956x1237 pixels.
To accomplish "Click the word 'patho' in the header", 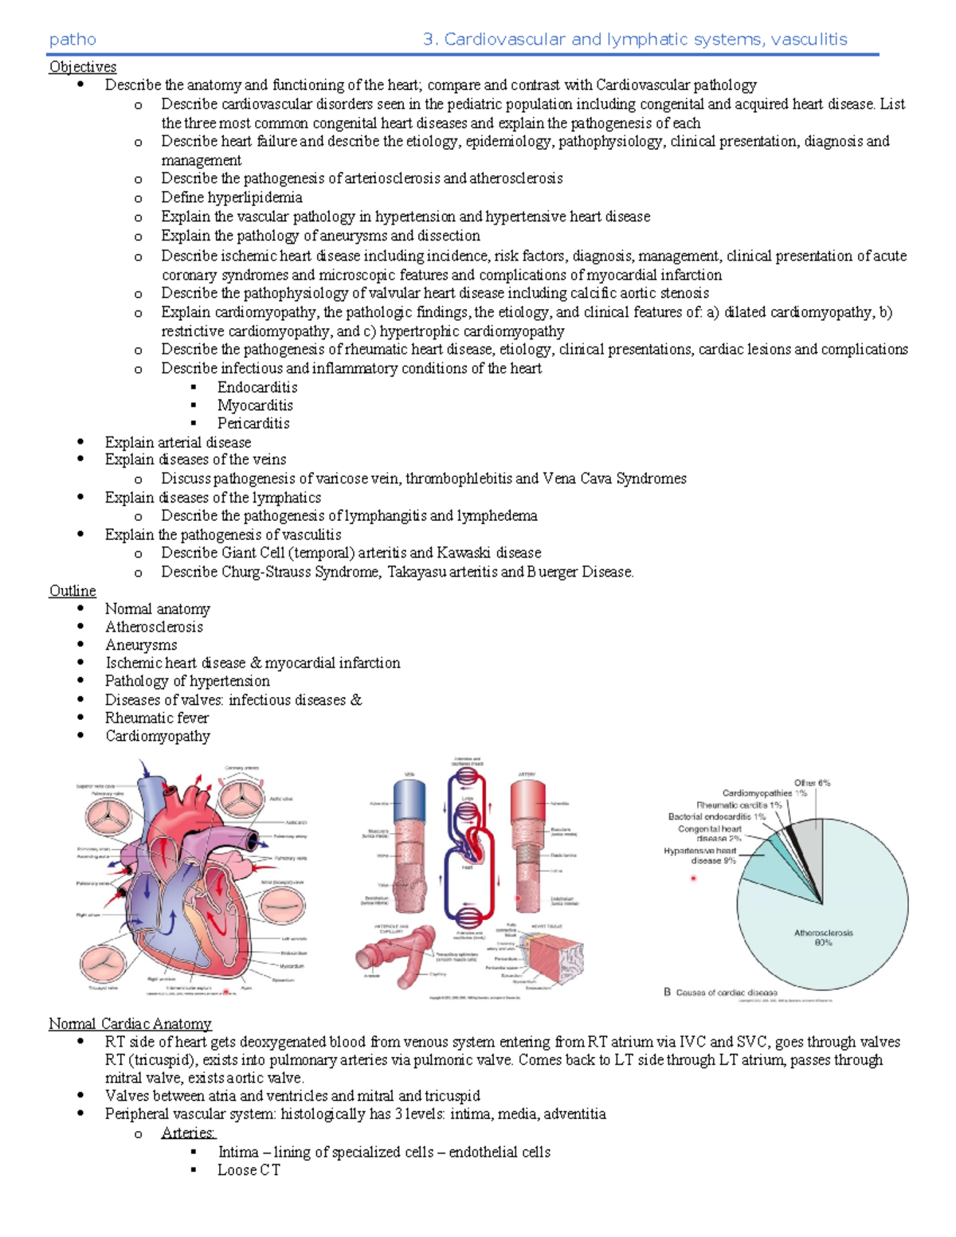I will pos(72,40).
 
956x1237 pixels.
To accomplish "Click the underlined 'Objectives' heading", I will pos(83,67).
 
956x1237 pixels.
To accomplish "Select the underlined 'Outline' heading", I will pos(72,591).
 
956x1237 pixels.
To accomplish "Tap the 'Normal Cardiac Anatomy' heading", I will pos(130,1024).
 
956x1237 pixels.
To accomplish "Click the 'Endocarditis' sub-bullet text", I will pos(257,388).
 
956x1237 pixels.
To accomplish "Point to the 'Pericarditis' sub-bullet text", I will pos(253,424).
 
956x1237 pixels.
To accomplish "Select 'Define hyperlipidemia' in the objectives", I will pos(231,198).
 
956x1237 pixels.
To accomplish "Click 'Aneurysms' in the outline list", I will pos(141,645).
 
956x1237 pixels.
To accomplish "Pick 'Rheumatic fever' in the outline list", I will pos(157,718).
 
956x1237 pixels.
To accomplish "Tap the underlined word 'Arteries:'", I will pos(189,1133).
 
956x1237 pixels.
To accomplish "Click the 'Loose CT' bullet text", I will pos(249,1170).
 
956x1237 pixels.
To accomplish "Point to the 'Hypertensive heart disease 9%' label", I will pos(700,855).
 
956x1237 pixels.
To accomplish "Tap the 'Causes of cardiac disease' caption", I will pos(726,992).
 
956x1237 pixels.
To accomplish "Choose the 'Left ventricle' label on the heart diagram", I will pos(293,939).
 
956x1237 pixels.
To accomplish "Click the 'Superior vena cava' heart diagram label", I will pos(96,786).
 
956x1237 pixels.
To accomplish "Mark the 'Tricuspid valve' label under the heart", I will pos(103,988).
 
